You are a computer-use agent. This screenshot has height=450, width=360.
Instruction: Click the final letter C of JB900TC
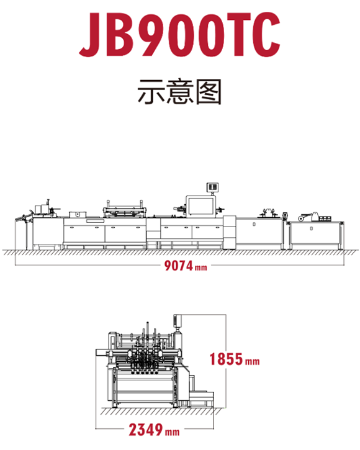(265, 34)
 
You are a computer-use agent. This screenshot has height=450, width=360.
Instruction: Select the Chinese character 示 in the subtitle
(150, 91)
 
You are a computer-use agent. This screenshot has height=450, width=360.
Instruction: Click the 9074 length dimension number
(178, 266)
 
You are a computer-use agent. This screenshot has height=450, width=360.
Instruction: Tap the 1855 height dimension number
(226, 359)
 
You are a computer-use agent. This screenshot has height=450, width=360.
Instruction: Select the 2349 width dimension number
(145, 430)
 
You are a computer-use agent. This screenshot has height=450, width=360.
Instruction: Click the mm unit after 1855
(253, 361)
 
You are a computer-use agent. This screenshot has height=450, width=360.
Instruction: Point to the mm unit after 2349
(173, 432)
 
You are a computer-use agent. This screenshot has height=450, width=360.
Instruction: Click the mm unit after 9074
(201, 268)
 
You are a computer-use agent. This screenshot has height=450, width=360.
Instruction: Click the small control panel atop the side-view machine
(212, 187)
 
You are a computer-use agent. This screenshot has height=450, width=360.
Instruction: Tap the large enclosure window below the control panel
(200, 206)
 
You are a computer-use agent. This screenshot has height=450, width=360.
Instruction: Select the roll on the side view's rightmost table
(300, 218)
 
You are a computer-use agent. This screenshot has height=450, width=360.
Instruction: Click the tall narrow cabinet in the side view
(230, 232)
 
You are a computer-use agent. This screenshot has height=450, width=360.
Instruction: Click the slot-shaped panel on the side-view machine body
(96, 221)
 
